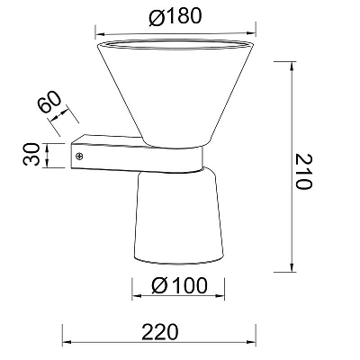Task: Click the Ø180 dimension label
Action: [x=175, y=16]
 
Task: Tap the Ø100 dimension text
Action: [x=179, y=285]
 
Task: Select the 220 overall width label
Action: [x=160, y=332]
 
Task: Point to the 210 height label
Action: [x=304, y=171]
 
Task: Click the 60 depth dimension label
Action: [x=49, y=102]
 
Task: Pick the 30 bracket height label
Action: [x=31, y=154]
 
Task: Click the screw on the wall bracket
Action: [x=80, y=157]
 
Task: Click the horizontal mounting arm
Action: [x=137, y=155]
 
